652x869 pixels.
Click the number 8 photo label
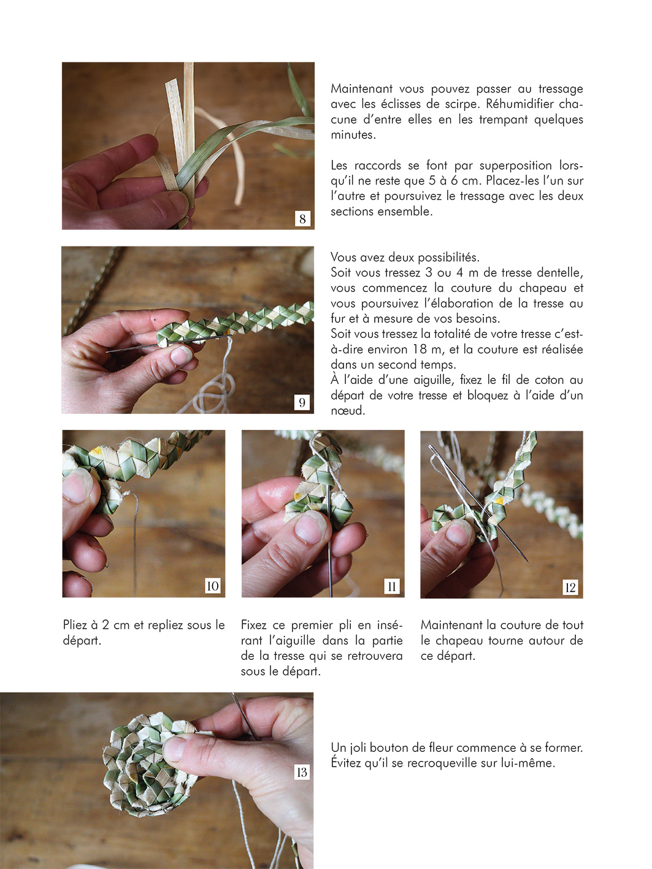coord(302,218)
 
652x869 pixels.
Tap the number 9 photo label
coord(302,403)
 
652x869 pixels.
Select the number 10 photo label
coord(213,586)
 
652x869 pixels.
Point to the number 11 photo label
coord(392,586)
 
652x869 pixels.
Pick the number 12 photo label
coord(570,587)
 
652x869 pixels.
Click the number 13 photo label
coord(302,772)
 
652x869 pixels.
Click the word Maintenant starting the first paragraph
coord(362,89)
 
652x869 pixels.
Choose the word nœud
coord(348,410)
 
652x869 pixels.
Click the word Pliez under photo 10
coord(75,625)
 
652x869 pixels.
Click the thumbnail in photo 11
coord(310,530)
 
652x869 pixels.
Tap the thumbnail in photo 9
coord(181,355)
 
